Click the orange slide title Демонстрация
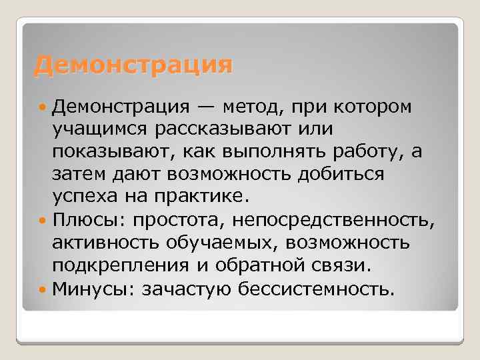pyautogui.click(x=134, y=66)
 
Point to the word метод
pyautogui.click(x=253, y=107)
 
